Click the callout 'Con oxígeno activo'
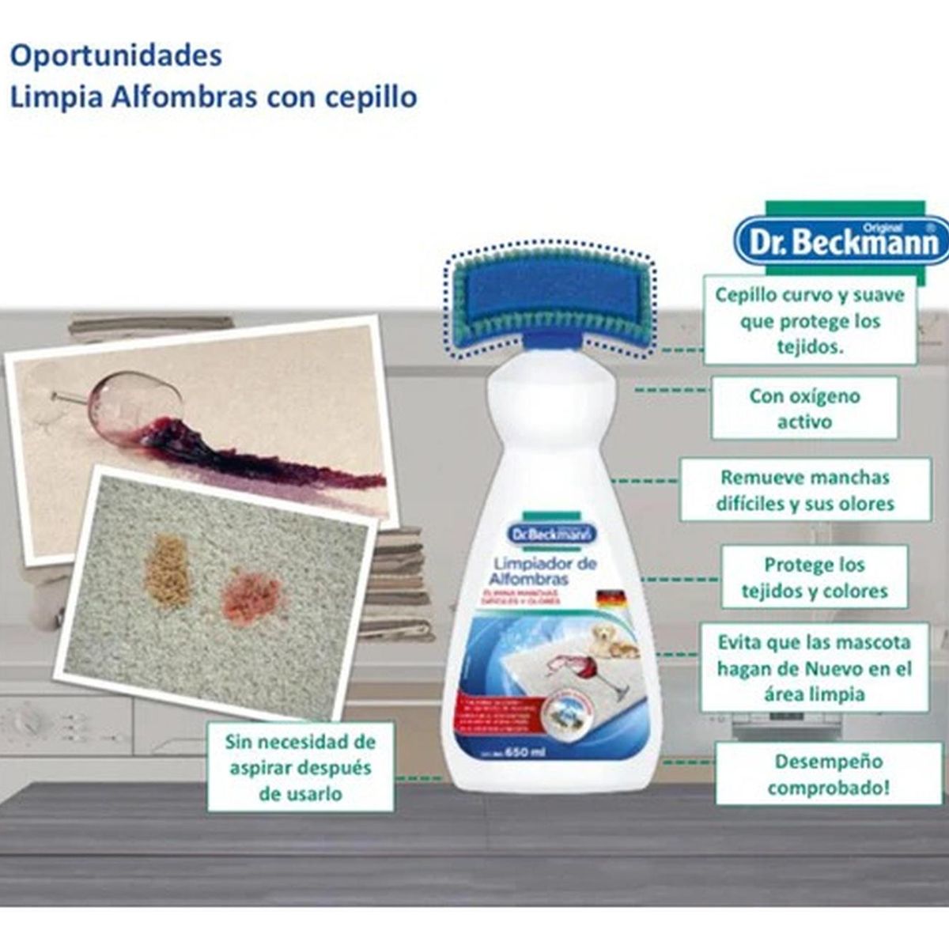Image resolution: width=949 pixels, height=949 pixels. click(x=804, y=408)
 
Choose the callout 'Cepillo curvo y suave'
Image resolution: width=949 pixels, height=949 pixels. click(x=809, y=320)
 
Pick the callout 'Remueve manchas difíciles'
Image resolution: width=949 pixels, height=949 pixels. click(x=805, y=490)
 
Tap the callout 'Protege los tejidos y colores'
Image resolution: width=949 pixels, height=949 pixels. click(x=814, y=578)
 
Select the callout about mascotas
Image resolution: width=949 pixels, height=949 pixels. click(x=814, y=667)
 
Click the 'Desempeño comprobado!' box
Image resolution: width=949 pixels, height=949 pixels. click(x=827, y=774)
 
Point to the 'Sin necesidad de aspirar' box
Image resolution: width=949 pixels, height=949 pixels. click(x=300, y=766)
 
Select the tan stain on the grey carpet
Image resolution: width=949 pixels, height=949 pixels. click(x=167, y=568)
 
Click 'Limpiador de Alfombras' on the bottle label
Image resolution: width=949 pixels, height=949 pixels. click(x=544, y=571)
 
